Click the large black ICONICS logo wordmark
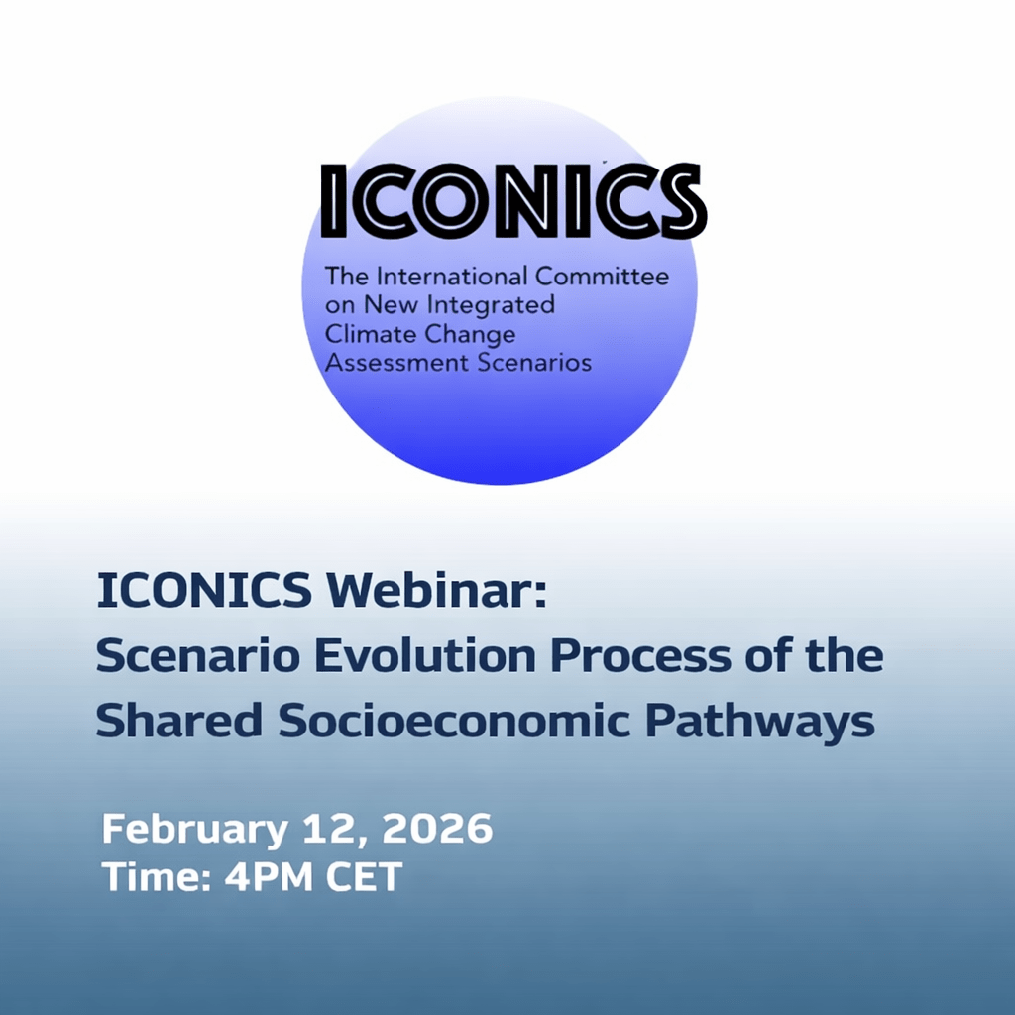point(513,200)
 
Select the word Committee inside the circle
point(602,277)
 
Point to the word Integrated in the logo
point(492,305)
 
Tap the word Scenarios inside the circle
point(534,363)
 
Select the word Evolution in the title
point(425,655)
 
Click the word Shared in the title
point(179,720)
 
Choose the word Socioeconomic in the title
point(454,720)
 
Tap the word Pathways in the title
point(760,722)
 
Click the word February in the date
point(195,830)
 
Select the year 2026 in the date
point(437,828)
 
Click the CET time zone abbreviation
point(364,877)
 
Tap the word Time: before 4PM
point(158,877)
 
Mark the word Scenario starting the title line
point(198,655)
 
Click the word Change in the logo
point(468,335)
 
